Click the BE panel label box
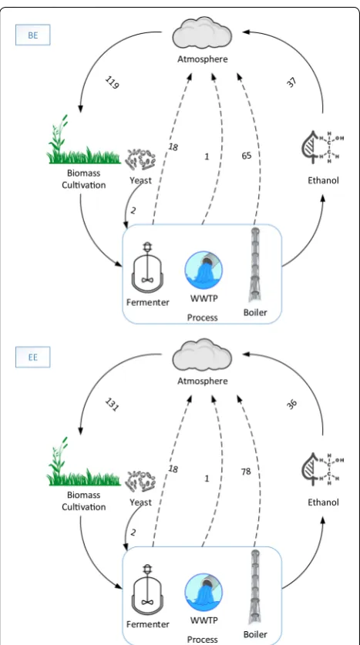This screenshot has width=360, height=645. click(33, 35)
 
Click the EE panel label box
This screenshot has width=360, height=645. click(33, 357)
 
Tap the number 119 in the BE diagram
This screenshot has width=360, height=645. click(112, 83)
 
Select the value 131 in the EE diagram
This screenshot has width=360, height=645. click(112, 405)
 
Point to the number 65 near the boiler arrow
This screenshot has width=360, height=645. click(246, 156)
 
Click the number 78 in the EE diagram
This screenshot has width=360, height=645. click(246, 472)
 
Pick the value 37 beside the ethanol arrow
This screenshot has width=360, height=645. click(291, 83)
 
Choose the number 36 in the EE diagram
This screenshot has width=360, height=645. click(291, 405)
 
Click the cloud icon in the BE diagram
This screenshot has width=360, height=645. click(202, 33)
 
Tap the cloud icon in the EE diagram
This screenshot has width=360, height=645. click(202, 355)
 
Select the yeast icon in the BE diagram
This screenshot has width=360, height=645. click(141, 160)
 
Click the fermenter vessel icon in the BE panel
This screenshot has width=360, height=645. click(147, 267)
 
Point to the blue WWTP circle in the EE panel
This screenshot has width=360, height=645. click(204, 593)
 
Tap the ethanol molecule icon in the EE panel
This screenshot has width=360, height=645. click(323, 469)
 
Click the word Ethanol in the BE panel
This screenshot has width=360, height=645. click(323, 180)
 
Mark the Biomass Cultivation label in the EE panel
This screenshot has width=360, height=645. click(84, 501)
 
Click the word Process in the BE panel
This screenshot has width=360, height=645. click(203, 317)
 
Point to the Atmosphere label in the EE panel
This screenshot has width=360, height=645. click(203, 381)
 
